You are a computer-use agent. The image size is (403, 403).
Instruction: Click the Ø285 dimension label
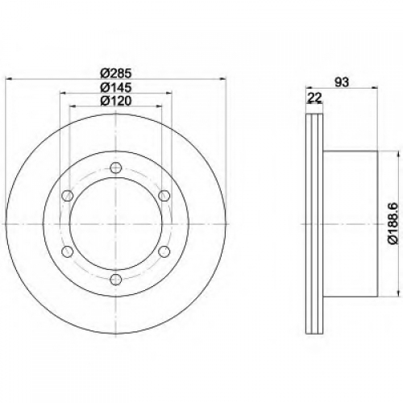115,73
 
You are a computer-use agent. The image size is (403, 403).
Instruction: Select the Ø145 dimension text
115,87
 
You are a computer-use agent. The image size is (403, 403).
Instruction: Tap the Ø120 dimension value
115,101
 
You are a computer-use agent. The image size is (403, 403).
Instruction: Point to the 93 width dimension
342,82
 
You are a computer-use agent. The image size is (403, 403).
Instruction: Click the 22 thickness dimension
314,98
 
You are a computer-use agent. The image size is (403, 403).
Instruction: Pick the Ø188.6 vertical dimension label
393,223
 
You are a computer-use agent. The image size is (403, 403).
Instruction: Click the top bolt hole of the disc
116,168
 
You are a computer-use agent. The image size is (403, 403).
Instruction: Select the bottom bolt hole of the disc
116,280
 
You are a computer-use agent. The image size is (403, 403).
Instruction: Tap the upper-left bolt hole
68,196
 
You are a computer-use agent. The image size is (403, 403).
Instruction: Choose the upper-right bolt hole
164,196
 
